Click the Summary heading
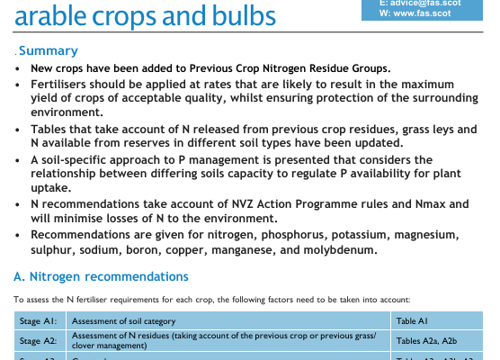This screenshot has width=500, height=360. [49, 50]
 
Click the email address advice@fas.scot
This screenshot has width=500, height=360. [425, 4]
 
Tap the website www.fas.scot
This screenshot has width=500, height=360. [422, 13]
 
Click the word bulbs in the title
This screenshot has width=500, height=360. [244, 16]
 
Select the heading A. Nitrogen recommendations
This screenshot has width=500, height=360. [101, 276]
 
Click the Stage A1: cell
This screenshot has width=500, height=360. [40, 320]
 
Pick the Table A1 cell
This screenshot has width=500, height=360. [436, 320]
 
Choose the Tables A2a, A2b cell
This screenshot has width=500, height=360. [436, 341]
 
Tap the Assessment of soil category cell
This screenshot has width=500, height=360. [228, 320]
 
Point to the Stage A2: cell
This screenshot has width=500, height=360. [40, 341]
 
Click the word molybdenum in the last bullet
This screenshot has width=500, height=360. [340, 250]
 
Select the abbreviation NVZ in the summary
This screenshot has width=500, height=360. [242, 204]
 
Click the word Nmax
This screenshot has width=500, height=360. [430, 204]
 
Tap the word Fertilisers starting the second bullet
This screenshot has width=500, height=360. [58, 85]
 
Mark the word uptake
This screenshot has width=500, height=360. [50, 188]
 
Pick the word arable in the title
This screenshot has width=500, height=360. [50, 16]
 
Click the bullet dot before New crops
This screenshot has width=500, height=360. [17, 69]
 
